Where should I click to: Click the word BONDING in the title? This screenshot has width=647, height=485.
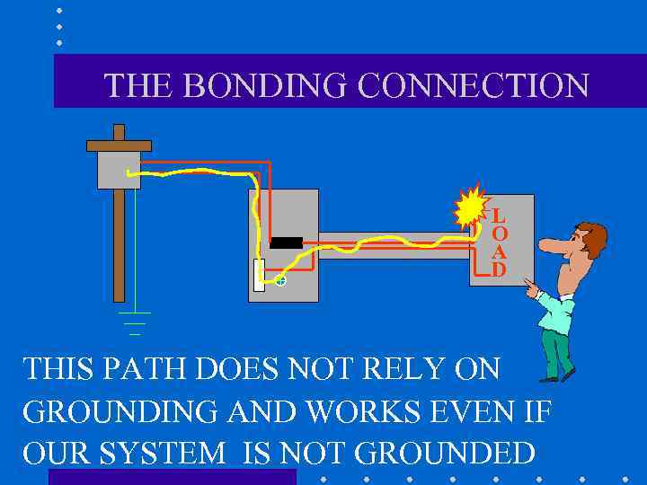(x=260, y=85)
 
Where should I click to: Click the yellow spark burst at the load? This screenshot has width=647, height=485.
(x=470, y=209)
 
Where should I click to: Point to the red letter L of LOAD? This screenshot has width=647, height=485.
(x=498, y=216)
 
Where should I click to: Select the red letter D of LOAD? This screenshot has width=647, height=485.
(x=498, y=269)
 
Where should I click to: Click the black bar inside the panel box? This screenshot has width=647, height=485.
(x=286, y=242)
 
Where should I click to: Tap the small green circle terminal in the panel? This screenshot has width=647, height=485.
(x=280, y=281)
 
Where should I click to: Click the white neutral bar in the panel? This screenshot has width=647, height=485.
(x=259, y=275)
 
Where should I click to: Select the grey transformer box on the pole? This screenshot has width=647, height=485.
(x=119, y=170)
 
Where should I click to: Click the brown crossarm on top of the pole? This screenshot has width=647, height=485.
(x=119, y=145)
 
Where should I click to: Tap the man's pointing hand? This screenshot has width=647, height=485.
(x=532, y=289)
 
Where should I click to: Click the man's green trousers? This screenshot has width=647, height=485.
(x=556, y=351)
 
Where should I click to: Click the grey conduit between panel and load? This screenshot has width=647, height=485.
(x=395, y=245)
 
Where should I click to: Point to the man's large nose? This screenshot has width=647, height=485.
(x=550, y=245)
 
